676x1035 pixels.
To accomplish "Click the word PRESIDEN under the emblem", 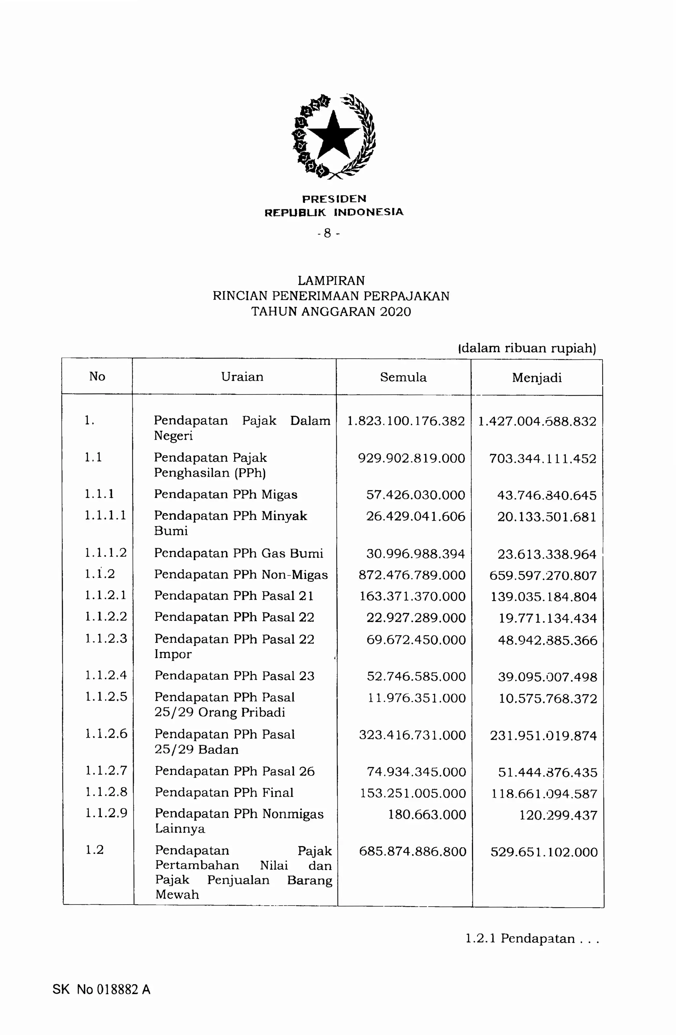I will coord(334,199).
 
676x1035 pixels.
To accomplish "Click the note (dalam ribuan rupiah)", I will coord(527,348).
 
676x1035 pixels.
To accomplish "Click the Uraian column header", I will coord(242,377).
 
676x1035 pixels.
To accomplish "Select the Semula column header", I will coord(403,377).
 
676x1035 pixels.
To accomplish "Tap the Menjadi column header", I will coord(536,377).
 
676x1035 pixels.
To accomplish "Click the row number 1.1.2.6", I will coord(106,734).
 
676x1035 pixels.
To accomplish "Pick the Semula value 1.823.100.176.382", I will coord(406,421).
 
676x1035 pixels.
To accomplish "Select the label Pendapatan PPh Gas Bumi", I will coord(239,553).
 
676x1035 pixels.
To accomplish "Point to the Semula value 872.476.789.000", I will coord(412,575).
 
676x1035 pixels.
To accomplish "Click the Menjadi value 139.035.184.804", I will coord(543,597).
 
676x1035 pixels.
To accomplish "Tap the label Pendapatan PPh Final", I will coord(224,792).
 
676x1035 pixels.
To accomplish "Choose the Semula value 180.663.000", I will coord(427,814).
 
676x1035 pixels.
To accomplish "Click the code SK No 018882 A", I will coord(101,990).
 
